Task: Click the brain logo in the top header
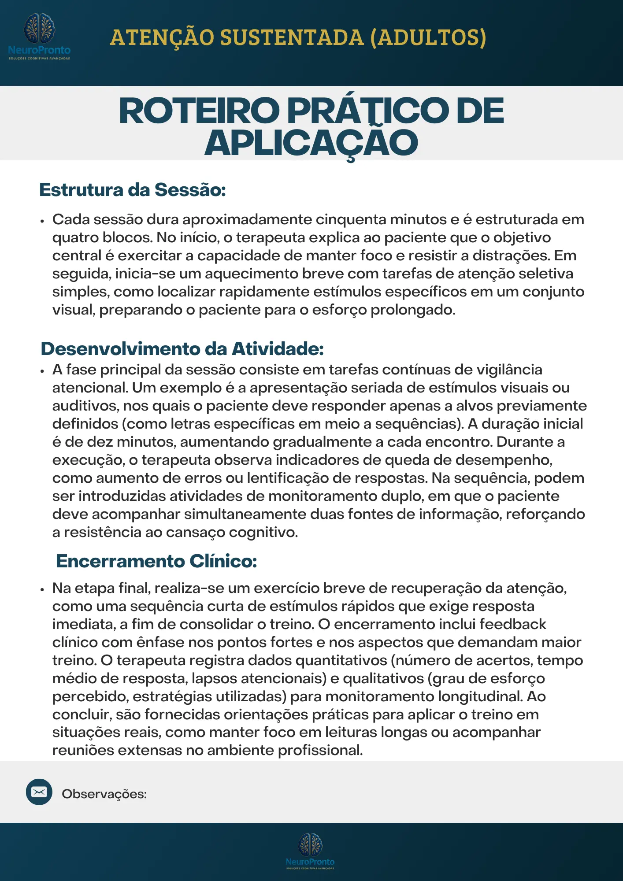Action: click(39, 29)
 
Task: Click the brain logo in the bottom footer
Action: click(310, 844)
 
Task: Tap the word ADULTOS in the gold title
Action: click(428, 37)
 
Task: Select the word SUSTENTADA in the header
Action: click(292, 37)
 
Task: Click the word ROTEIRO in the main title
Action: click(199, 111)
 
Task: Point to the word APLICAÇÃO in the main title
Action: click(311, 144)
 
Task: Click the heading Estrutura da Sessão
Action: click(133, 190)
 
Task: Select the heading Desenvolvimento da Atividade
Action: click(182, 349)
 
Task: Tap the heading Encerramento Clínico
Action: click(156, 561)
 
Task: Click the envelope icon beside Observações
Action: click(39, 792)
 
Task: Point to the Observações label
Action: click(104, 794)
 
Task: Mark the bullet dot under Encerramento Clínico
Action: click(42, 589)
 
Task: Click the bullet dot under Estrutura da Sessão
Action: click(42, 221)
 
